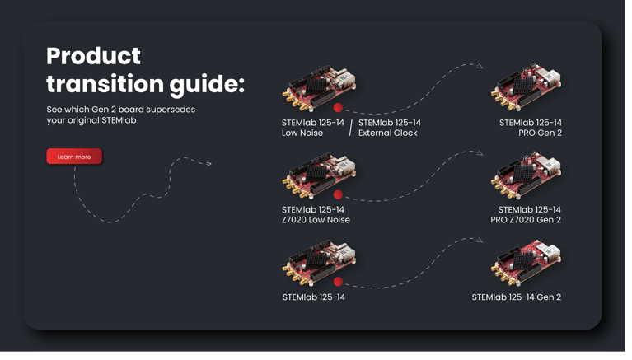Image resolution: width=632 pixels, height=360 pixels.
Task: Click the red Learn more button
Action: (74, 157)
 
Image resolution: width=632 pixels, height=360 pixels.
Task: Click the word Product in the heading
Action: (93, 56)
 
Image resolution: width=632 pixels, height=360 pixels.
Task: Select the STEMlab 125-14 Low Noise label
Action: (312, 128)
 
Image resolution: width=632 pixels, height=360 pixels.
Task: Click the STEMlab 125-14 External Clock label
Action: (389, 128)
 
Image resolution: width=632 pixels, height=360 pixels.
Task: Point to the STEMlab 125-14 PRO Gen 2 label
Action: (530, 128)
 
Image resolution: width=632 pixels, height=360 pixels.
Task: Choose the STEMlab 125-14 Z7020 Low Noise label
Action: (316, 215)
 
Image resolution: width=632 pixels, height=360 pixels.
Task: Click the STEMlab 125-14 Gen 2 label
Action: (516, 297)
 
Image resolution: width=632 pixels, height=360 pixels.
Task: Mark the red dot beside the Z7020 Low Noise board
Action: (338, 195)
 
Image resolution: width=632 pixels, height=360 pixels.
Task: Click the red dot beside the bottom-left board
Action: (338, 282)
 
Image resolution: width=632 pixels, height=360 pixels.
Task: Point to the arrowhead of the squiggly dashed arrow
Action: (209, 164)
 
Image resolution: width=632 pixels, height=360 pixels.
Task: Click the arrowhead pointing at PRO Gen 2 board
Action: (480, 66)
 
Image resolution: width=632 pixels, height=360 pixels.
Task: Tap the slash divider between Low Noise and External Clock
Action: (351, 128)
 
